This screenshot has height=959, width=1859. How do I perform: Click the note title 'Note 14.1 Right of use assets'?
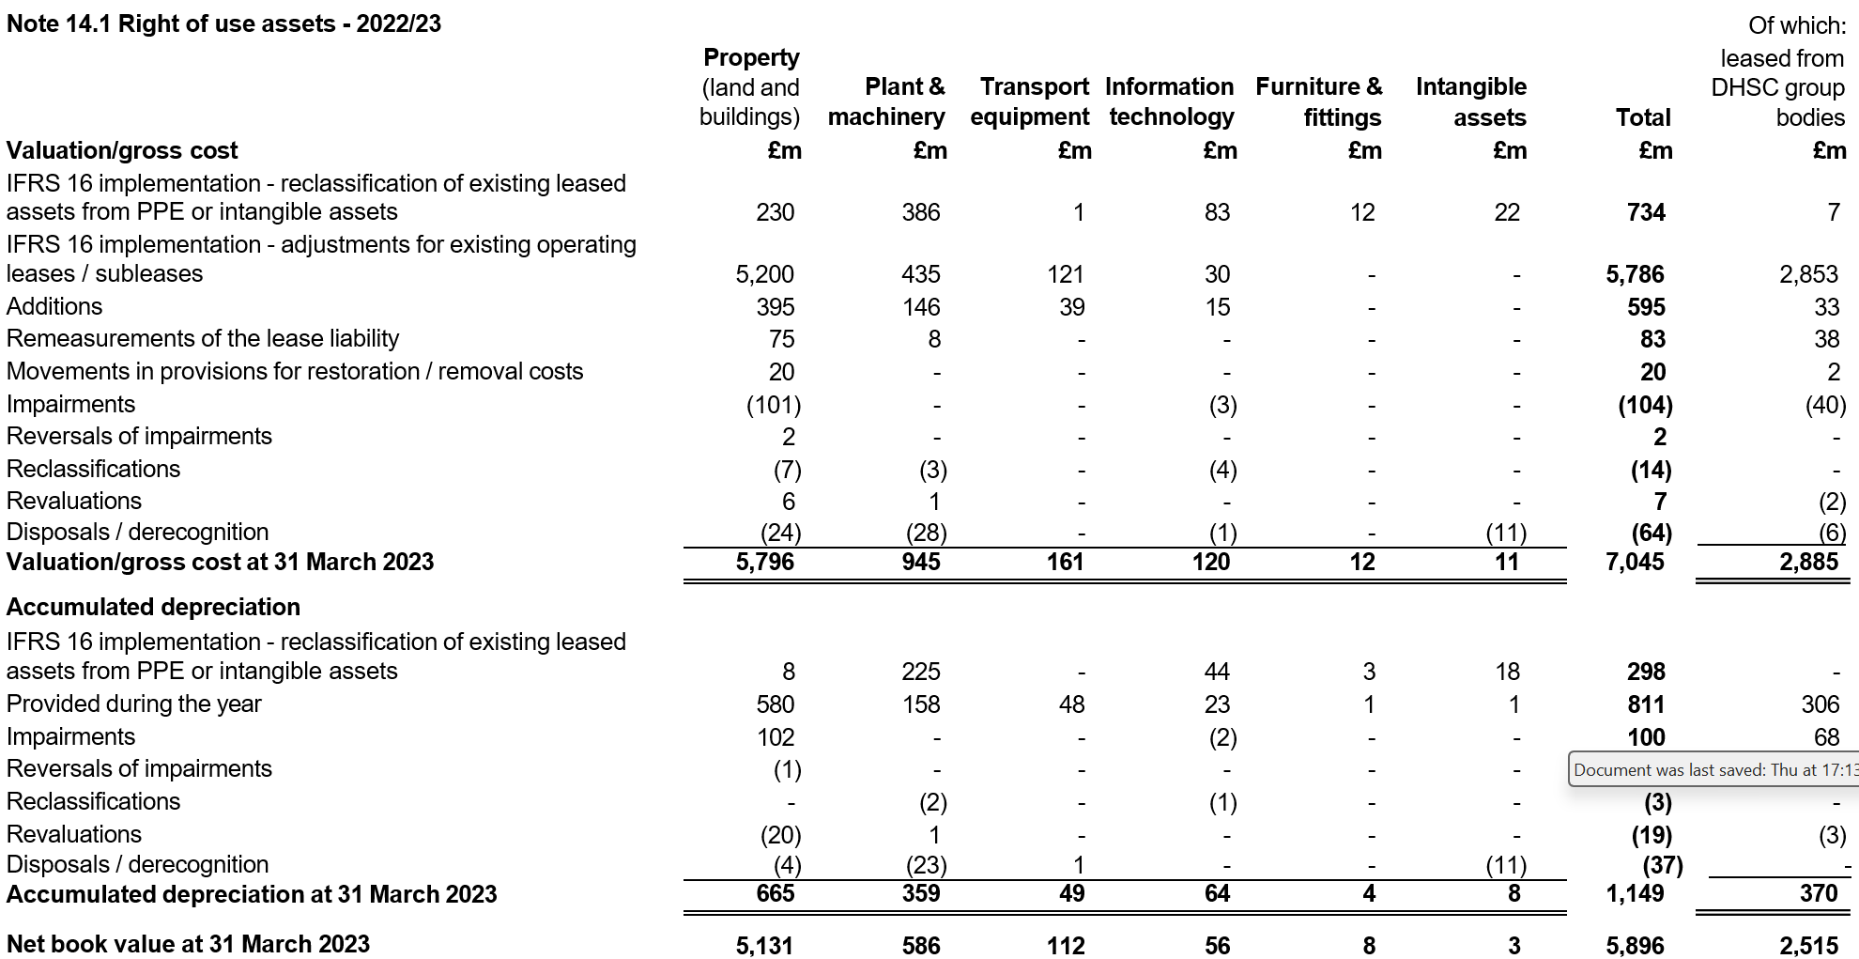click(170, 23)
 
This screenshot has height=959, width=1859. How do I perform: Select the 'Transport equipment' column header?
click(1030, 101)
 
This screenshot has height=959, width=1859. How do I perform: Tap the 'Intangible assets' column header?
click(1471, 101)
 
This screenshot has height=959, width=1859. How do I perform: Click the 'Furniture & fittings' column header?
click(1319, 101)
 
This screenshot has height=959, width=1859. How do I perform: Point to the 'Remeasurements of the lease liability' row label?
click(203, 338)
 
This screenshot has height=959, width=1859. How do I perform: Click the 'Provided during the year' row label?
click(134, 704)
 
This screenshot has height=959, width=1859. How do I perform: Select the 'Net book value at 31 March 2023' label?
click(189, 944)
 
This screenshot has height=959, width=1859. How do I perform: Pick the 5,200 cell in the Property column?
click(765, 274)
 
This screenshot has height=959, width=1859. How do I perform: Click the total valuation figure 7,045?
click(1636, 562)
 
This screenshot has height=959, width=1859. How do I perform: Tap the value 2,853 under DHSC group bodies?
click(1808, 274)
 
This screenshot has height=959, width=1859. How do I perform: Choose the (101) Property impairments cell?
click(774, 405)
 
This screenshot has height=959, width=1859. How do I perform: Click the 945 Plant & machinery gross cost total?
click(921, 562)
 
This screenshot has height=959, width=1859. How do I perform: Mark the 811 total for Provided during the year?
click(1647, 704)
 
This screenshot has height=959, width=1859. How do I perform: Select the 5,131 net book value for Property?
click(765, 946)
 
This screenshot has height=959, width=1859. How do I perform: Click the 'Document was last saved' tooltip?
click(1713, 770)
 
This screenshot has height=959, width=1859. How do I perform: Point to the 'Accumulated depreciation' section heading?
click(154, 607)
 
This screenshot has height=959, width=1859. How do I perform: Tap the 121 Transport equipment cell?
click(1066, 274)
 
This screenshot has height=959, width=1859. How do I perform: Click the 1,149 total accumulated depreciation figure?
click(1636, 893)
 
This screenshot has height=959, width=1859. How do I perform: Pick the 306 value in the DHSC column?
click(1821, 704)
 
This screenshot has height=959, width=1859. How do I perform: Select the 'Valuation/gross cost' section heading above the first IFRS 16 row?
click(122, 150)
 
